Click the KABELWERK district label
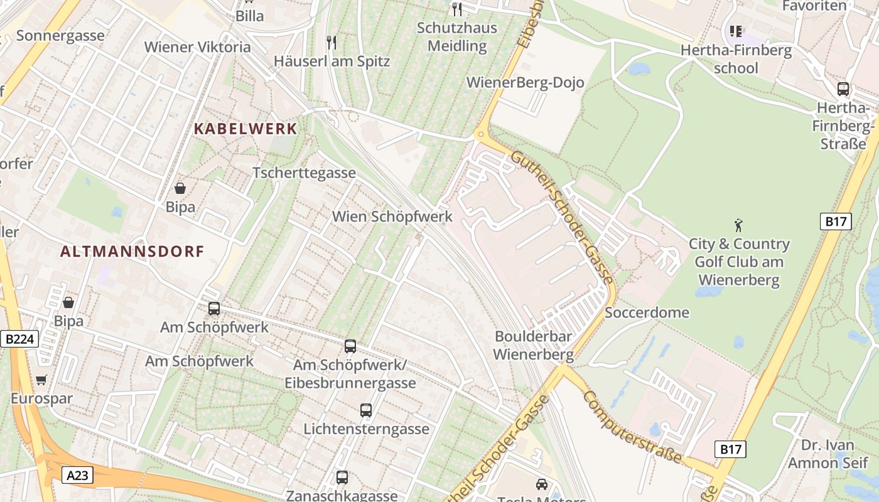point(245,129)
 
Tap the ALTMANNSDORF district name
point(132,252)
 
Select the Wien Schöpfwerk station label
point(392,216)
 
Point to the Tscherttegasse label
point(304,173)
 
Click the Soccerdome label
point(647,312)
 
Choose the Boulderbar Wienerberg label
point(533,345)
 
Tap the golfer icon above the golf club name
point(738,224)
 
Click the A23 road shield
point(78,475)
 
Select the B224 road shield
point(19,339)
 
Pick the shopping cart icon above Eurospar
point(41,380)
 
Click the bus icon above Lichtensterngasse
point(366,410)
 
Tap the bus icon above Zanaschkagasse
point(342,477)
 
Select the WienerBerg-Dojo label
point(526,82)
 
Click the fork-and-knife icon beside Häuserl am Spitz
point(332,43)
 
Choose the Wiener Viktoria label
point(197,47)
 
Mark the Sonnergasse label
point(60,35)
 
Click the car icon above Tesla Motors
point(541,484)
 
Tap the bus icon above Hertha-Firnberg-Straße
point(843,89)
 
